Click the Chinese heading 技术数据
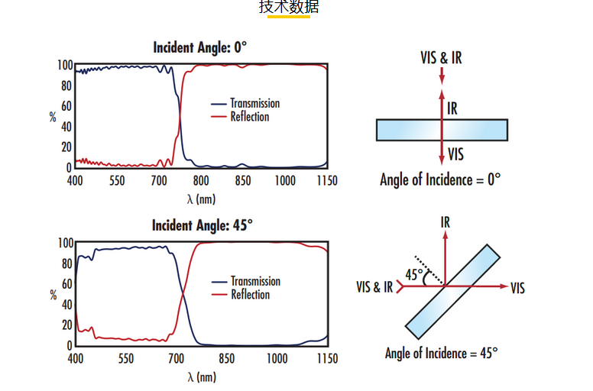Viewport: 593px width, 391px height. click(x=289, y=8)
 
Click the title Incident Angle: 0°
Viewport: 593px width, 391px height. click(x=200, y=47)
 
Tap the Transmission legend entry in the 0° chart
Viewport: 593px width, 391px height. click(x=254, y=103)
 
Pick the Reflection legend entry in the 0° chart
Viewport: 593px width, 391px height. click(x=249, y=117)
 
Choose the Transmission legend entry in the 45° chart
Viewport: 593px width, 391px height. click(x=255, y=281)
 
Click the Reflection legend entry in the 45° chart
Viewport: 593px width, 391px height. click(x=250, y=295)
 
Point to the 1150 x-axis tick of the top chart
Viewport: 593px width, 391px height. click(x=327, y=180)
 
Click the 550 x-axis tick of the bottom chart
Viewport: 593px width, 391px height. click(x=117, y=358)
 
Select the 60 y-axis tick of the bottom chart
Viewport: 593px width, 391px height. click(x=66, y=284)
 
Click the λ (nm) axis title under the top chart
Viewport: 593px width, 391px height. click(x=201, y=199)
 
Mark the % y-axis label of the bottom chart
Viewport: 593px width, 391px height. click(x=53, y=294)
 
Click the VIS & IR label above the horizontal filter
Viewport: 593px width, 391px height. click(x=441, y=58)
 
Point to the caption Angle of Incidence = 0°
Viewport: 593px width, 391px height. click(x=440, y=179)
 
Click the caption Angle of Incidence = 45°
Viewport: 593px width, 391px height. click(x=441, y=354)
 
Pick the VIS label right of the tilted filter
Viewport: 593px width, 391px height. click(x=517, y=288)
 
